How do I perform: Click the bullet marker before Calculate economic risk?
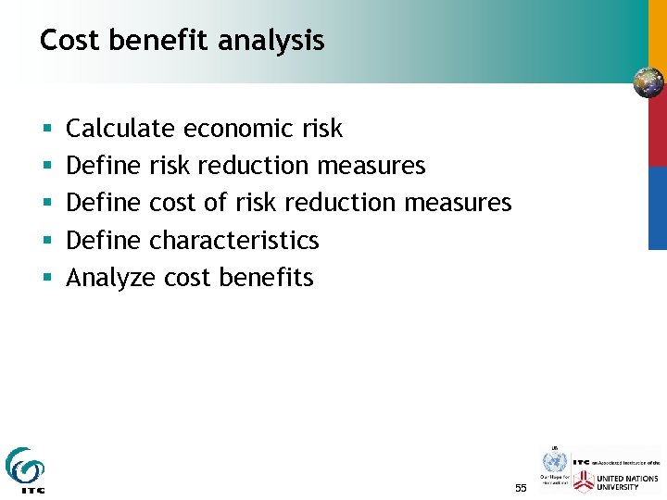point(46,130)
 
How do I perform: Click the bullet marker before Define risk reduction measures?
point(46,167)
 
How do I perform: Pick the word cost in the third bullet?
point(175,203)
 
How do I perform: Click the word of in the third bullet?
point(218,203)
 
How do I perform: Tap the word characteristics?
point(233,241)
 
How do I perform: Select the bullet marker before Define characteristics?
point(46,241)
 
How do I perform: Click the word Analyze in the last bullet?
point(110,278)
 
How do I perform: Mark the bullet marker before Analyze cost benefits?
point(46,278)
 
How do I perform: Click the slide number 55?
point(520,487)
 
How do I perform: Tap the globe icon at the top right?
point(648,82)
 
